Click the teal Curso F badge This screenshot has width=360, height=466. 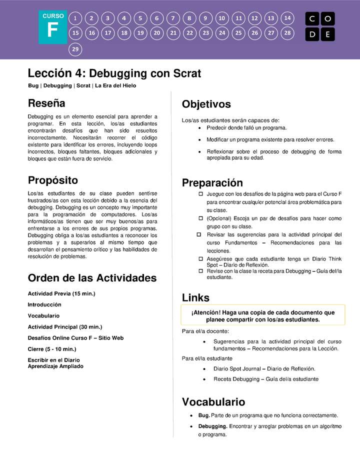(x=52, y=27)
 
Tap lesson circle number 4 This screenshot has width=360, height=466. (x=124, y=18)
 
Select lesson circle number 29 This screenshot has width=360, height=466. (x=75, y=49)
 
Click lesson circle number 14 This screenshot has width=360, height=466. (x=287, y=18)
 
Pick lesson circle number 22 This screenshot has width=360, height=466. (x=189, y=33)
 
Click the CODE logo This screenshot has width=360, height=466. (x=320, y=26)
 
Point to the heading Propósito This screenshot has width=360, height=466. (x=53, y=180)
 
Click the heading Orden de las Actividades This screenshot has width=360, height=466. (x=92, y=278)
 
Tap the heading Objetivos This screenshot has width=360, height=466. (x=206, y=104)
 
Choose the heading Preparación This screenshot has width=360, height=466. (x=212, y=183)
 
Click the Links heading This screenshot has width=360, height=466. (x=195, y=298)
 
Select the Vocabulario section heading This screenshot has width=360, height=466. (x=213, y=402)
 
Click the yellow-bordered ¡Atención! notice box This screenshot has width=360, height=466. (x=263, y=315)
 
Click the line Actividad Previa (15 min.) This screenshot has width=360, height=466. (x=61, y=293)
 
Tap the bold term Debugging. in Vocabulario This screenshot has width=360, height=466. (x=212, y=426)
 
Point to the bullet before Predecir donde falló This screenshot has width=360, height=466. (x=200, y=128)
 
